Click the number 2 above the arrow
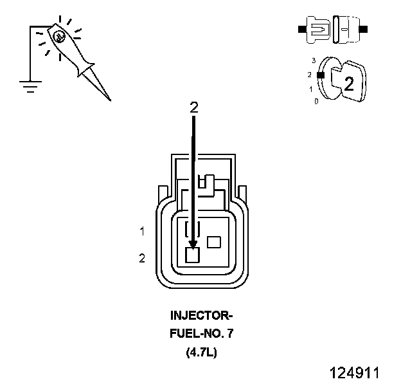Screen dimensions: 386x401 (193, 108)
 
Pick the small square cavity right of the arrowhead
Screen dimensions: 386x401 (215, 242)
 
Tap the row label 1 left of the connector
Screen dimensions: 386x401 (142, 230)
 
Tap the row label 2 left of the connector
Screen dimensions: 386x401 (142, 259)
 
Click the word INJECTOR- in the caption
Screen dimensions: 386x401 (202, 316)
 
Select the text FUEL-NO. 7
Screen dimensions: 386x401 (202, 334)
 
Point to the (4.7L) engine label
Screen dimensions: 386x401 (202, 352)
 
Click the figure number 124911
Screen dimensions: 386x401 (354, 373)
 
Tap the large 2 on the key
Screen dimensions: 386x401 (350, 84)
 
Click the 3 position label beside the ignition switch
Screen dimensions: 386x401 (314, 60)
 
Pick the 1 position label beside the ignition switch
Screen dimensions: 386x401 (311, 89)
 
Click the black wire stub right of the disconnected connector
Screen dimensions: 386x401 (363, 30)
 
